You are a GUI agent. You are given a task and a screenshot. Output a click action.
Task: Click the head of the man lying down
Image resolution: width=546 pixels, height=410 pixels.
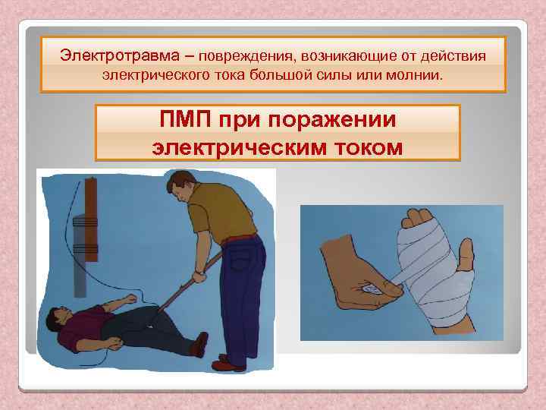click(x=61, y=317)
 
